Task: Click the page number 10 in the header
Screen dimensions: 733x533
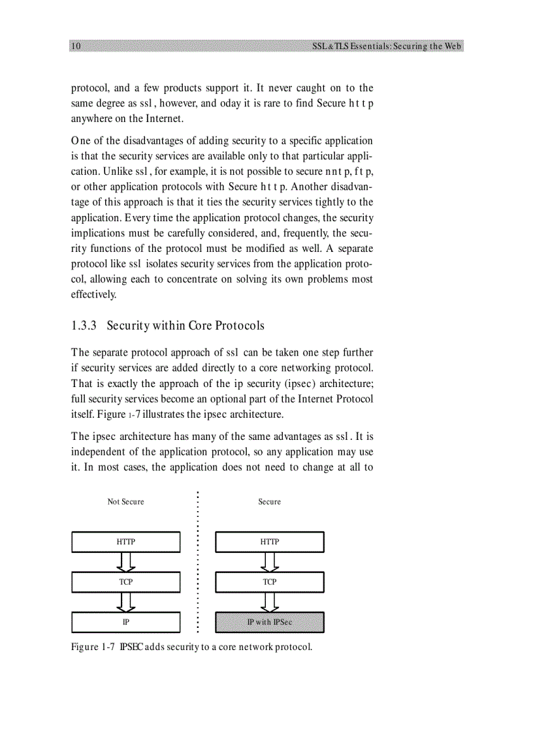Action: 76,46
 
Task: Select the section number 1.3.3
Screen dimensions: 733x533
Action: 84,325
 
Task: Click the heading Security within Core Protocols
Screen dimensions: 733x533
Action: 186,325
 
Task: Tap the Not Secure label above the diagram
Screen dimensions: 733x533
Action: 125,501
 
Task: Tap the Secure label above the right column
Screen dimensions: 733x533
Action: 269,501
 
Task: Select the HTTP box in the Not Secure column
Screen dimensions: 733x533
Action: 125,542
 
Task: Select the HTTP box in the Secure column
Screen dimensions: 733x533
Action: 269,542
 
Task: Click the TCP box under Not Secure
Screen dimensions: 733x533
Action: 125,582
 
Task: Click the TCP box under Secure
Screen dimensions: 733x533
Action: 269,582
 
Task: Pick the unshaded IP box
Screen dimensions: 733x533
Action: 125,622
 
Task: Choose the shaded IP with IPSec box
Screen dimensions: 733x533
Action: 269,622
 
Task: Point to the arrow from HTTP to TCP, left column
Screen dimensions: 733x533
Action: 125,562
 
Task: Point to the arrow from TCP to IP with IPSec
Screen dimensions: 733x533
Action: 269,602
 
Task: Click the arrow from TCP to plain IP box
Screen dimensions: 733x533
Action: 125,602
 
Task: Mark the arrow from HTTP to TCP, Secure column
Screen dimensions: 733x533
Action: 269,562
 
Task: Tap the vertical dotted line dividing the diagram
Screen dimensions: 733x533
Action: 197,561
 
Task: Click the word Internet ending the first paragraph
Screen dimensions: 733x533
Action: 163,119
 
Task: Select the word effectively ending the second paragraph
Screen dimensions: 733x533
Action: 93,294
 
